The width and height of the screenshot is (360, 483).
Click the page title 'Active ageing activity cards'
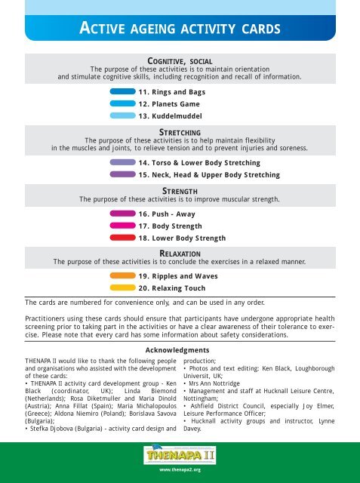(180, 29)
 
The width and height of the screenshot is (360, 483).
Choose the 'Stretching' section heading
(180, 132)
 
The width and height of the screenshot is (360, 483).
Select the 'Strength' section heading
(180, 191)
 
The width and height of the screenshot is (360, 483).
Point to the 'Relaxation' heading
(180, 254)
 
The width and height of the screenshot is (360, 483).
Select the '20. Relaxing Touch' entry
(172, 288)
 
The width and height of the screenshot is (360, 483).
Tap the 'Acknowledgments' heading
(180, 351)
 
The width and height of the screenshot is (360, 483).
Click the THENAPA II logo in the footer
(180, 454)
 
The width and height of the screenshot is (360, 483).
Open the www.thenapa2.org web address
(180, 469)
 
